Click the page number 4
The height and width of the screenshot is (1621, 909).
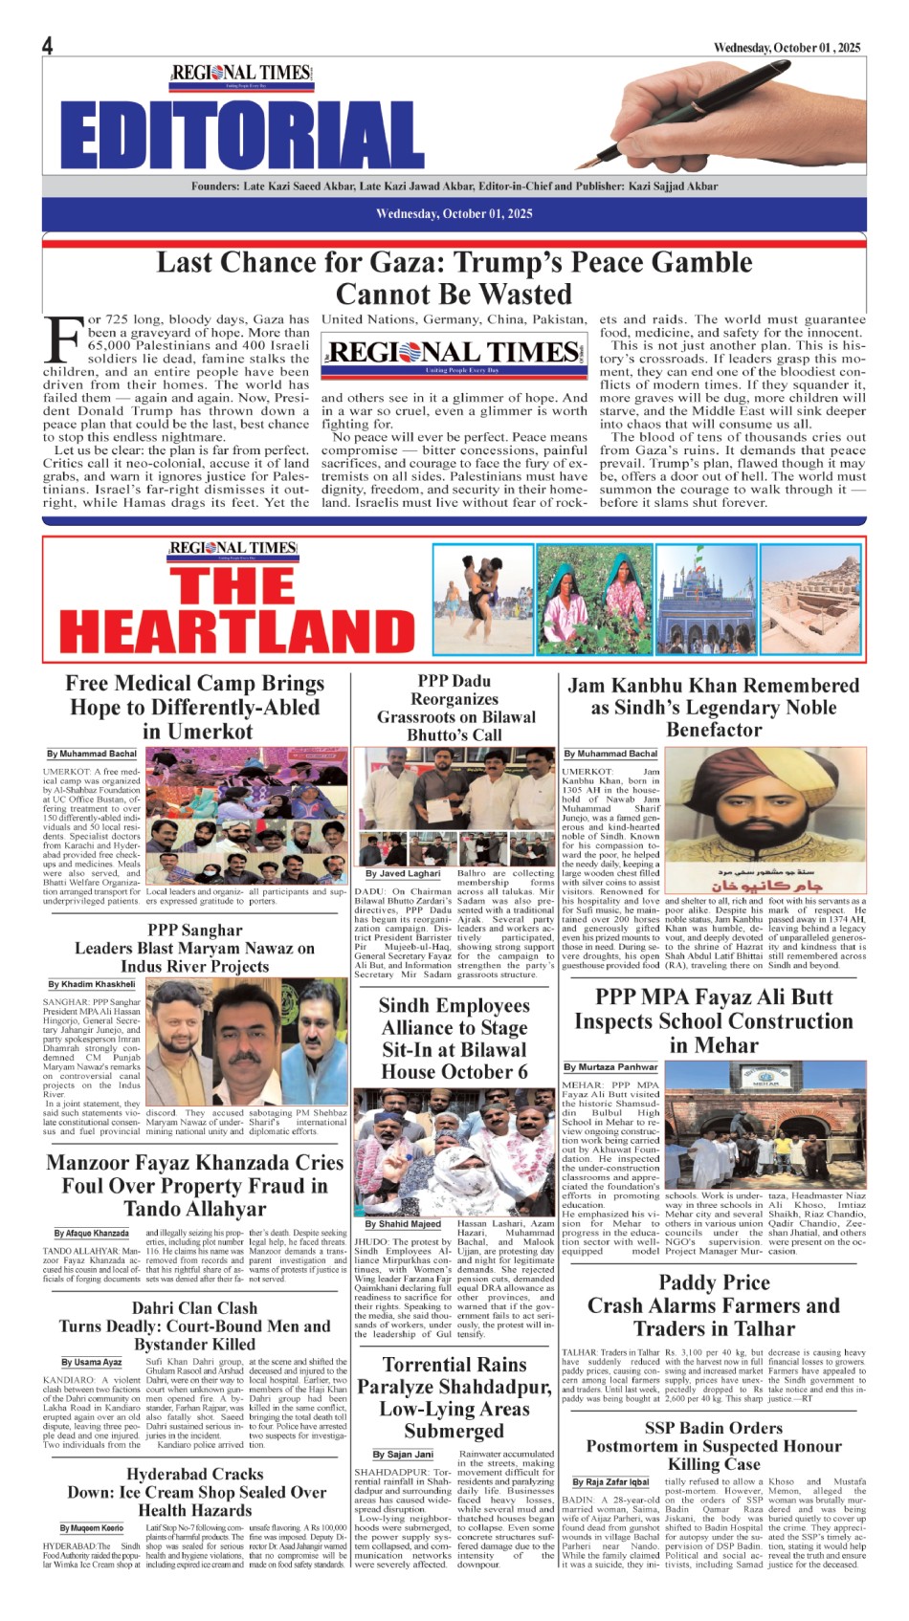click(47, 46)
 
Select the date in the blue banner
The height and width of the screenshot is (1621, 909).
click(454, 213)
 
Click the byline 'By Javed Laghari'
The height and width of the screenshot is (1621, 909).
click(403, 873)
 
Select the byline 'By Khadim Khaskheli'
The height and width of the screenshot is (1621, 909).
click(92, 984)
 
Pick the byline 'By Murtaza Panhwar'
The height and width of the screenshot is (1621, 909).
click(610, 1066)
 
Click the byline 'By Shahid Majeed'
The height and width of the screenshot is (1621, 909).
click(403, 1223)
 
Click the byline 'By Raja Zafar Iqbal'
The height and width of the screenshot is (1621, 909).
click(610, 1482)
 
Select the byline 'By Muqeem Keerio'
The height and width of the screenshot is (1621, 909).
click(92, 1528)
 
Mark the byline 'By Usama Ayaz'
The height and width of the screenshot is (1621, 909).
click(92, 1362)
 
